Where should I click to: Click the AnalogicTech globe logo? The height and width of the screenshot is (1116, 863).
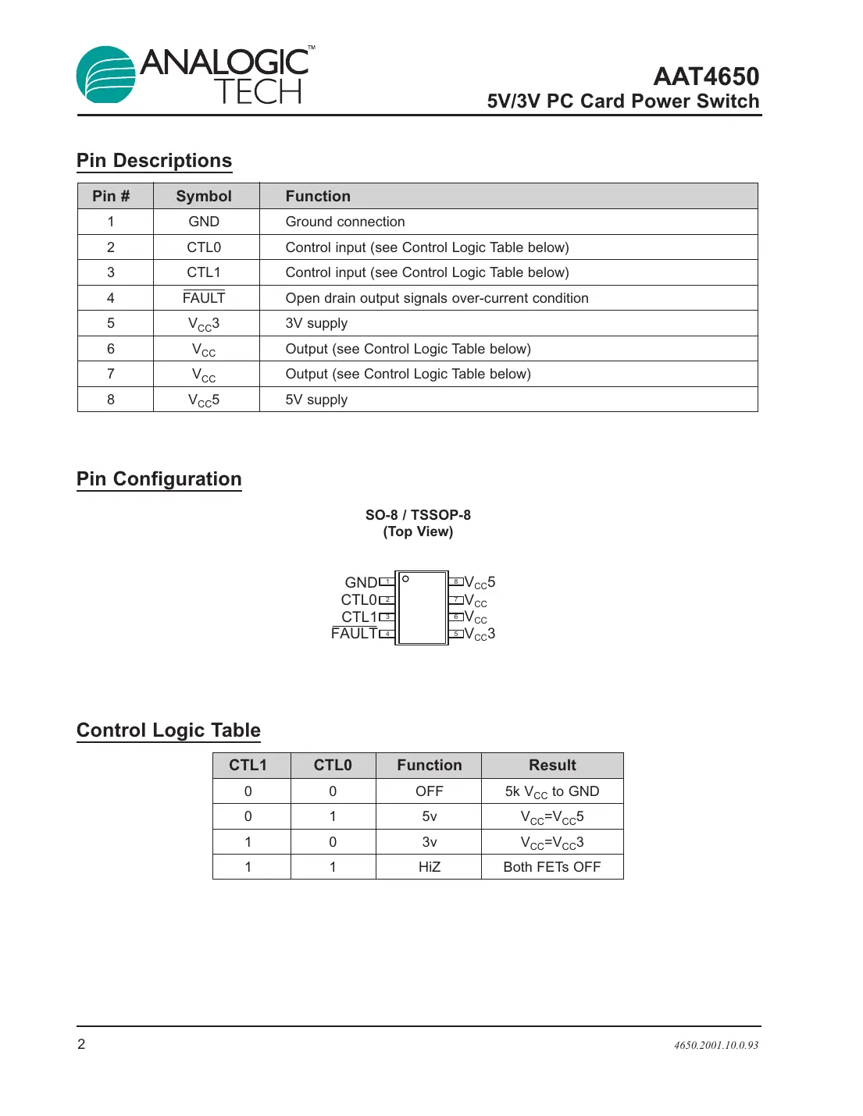point(105,75)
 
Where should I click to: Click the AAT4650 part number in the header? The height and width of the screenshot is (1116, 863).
point(706,76)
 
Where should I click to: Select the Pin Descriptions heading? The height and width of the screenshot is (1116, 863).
point(154,161)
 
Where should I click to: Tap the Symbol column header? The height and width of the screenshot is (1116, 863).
point(204,196)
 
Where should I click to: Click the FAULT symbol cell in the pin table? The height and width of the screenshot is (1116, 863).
point(204,298)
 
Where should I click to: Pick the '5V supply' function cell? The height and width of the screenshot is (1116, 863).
point(316,400)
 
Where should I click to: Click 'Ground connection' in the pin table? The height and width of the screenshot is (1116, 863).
point(345,222)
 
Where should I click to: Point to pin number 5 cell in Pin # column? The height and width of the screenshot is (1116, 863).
point(111,323)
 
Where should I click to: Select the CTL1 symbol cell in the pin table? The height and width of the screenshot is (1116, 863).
point(204,272)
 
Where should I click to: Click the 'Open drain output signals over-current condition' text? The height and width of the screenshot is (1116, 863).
point(437,298)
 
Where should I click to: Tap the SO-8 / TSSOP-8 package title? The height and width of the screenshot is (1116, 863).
point(418,515)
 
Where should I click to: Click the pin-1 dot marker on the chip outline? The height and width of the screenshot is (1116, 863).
point(405,579)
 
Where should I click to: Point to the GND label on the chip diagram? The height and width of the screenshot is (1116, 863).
point(361,583)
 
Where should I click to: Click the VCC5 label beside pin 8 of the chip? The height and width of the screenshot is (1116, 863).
point(480,583)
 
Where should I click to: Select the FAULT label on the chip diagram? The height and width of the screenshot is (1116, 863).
point(354,634)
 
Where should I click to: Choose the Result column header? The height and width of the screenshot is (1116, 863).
point(552,765)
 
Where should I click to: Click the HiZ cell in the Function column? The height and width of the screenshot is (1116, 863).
point(429,867)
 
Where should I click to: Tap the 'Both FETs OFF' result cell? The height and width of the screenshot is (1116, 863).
point(552,867)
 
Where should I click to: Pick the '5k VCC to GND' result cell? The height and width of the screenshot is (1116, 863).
point(552,791)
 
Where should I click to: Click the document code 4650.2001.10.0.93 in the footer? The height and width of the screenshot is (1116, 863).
point(716,1045)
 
